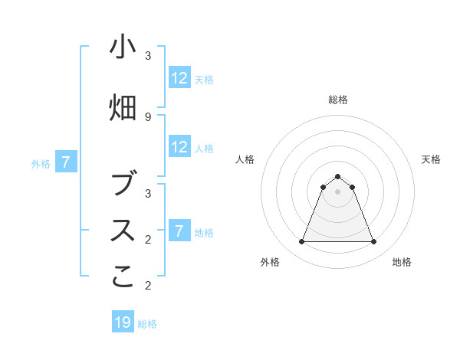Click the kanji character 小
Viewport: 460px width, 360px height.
(x=123, y=47)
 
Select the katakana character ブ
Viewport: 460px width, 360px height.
(x=123, y=185)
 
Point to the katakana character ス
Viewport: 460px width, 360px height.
(x=123, y=231)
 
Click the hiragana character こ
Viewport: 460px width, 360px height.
(x=123, y=277)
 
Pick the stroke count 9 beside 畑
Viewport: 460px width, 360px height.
(x=147, y=116)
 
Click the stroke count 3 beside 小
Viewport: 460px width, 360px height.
(x=147, y=55)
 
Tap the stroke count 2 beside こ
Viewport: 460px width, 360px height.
(x=147, y=285)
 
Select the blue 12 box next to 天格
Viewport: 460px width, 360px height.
(x=179, y=78)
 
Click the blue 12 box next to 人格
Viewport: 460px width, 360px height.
(x=179, y=147)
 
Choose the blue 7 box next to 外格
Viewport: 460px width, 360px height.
(x=66, y=162)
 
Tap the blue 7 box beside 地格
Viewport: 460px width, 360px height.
(x=179, y=231)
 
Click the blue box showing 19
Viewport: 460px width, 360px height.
(x=123, y=322)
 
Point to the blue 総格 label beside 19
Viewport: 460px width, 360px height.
(x=147, y=324)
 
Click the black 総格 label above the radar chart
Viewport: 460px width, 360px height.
(x=337, y=100)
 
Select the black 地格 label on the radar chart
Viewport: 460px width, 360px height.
(x=402, y=262)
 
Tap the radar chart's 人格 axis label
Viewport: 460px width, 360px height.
(x=245, y=159)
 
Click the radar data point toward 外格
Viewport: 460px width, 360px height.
(x=301, y=242)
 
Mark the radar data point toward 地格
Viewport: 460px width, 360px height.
(x=374, y=242)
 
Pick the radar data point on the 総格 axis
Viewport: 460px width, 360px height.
(x=337, y=176)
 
